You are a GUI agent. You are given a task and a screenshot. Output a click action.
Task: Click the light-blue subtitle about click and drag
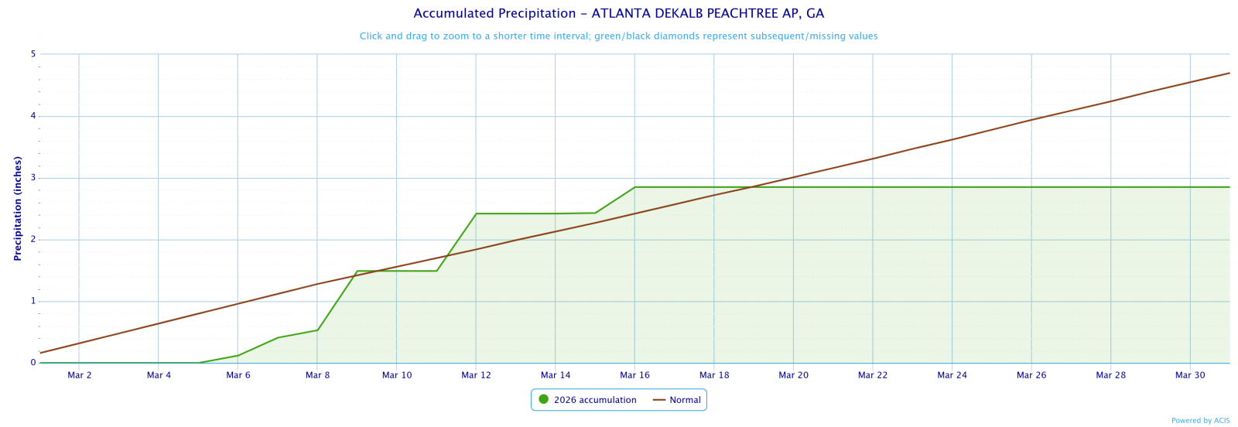point(618,36)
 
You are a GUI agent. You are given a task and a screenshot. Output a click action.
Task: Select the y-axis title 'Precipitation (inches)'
point(17,208)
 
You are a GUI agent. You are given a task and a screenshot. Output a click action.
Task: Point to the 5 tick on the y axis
point(33,54)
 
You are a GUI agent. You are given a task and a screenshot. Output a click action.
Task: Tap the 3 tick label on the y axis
point(33,178)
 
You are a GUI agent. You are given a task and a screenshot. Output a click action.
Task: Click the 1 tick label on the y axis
point(33,302)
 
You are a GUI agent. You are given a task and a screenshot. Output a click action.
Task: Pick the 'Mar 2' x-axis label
point(80,375)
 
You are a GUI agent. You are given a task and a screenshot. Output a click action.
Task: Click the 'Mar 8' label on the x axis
point(317,375)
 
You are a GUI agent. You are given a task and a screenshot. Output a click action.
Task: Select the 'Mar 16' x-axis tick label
point(634,375)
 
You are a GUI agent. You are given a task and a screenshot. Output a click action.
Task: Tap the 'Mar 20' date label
point(793,375)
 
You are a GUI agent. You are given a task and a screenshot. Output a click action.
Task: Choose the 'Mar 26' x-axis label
point(1031,375)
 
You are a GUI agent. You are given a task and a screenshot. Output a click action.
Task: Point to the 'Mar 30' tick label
point(1190,375)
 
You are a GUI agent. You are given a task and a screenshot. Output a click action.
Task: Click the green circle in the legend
point(543,400)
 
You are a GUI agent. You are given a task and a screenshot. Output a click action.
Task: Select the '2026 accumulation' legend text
point(595,400)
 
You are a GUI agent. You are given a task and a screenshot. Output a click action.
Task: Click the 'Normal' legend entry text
point(685,400)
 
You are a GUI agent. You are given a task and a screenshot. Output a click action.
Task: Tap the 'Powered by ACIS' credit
point(1200,421)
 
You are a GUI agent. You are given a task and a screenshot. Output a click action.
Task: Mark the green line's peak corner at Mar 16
point(634,187)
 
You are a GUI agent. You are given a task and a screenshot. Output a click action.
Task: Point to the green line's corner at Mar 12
point(476,213)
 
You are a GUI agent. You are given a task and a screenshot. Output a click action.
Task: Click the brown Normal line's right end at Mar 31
point(1229,73)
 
